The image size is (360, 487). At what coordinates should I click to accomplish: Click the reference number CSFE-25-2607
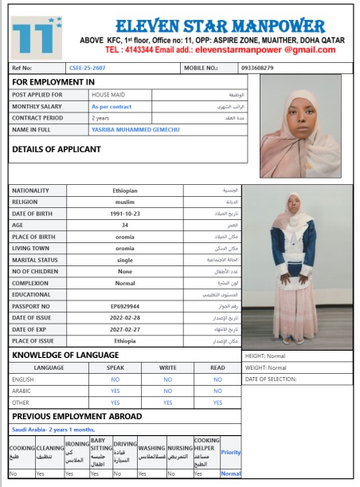pyautogui.click(x=88, y=68)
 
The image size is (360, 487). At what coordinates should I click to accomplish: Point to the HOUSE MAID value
pyautogui.click(x=107, y=94)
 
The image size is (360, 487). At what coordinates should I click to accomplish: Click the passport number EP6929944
pyautogui.click(x=124, y=305)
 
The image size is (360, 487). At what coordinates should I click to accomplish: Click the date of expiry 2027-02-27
pyautogui.click(x=124, y=328)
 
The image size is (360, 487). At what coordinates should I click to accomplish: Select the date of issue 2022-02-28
pyautogui.click(x=124, y=317)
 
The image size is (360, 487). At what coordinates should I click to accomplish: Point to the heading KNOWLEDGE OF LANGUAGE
pyautogui.click(x=65, y=354)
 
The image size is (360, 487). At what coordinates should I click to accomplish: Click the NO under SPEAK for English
pyautogui.click(x=115, y=379)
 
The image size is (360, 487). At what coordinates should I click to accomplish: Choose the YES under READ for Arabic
pyautogui.click(x=217, y=391)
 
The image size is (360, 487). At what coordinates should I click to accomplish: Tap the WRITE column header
pyautogui.click(x=167, y=367)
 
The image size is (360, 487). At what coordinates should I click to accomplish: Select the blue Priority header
pyautogui.click(x=230, y=452)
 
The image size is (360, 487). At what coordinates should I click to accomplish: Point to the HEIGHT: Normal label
pyautogui.click(x=264, y=355)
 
